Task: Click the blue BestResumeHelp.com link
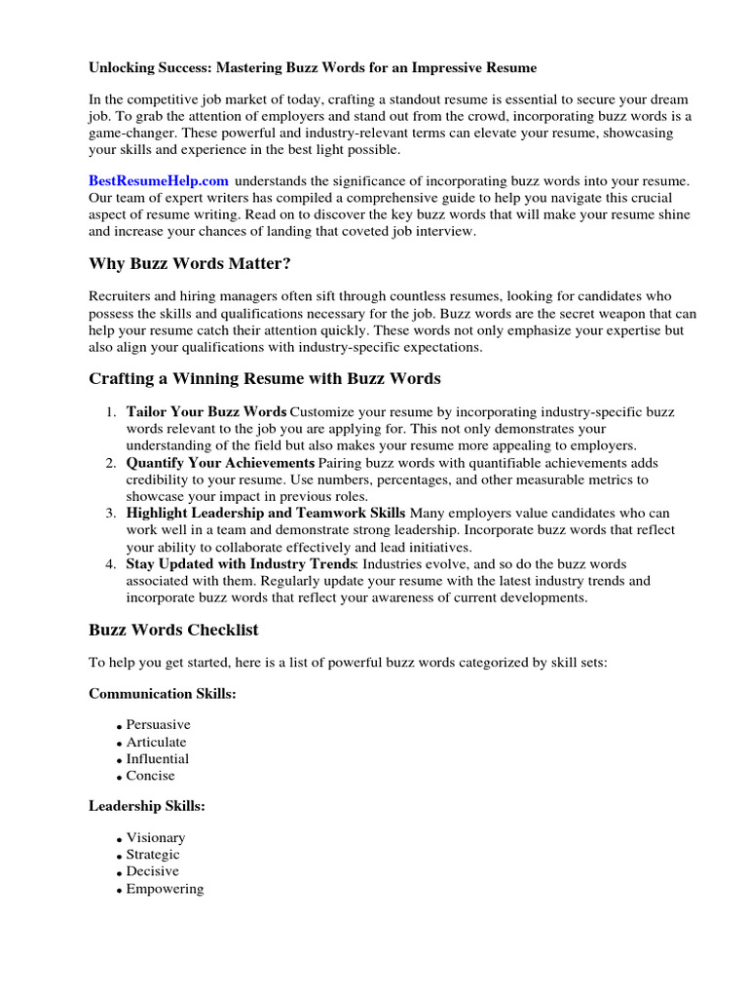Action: [x=159, y=180]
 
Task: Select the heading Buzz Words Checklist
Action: [x=173, y=630]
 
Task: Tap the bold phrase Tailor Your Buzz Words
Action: [x=206, y=411]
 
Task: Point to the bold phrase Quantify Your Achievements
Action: [x=220, y=462]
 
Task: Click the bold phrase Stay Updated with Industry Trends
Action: [x=242, y=563]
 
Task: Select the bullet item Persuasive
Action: [x=158, y=725]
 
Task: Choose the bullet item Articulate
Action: [x=156, y=742]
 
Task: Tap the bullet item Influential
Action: [x=158, y=758]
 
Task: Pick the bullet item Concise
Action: [x=151, y=776]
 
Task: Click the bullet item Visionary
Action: [x=156, y=837]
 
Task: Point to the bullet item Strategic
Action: [x=153, y=854]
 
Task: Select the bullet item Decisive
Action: [x=153, y=871]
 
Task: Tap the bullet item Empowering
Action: [x=165, y=889]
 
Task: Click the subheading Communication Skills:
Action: [x=164, y=694]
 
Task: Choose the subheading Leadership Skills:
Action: [x=147, y=806]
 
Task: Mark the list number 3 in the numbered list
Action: [x=111, y=513]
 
